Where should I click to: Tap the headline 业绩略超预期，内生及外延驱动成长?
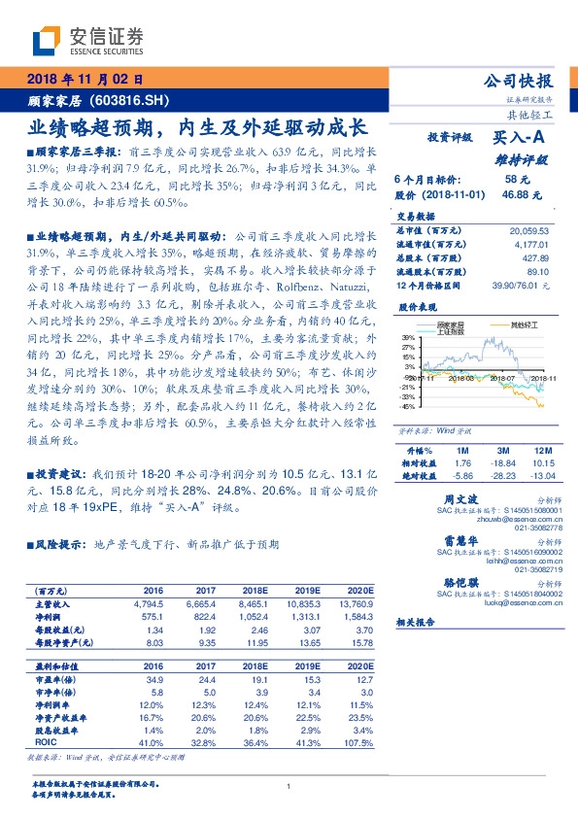[195, 126]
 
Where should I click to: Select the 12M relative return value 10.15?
[540, 463]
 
